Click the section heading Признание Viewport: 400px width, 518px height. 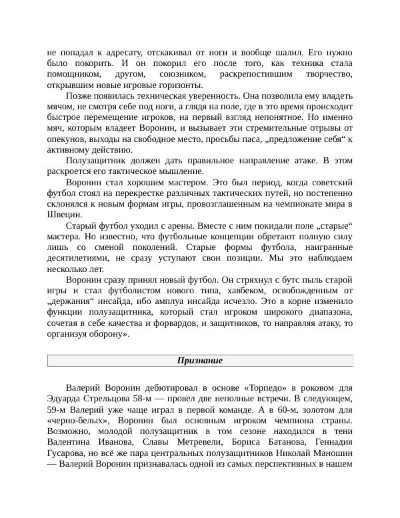pos(199,361)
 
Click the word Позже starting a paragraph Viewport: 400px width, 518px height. pos(79,95)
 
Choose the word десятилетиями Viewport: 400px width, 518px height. pos(78,257)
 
